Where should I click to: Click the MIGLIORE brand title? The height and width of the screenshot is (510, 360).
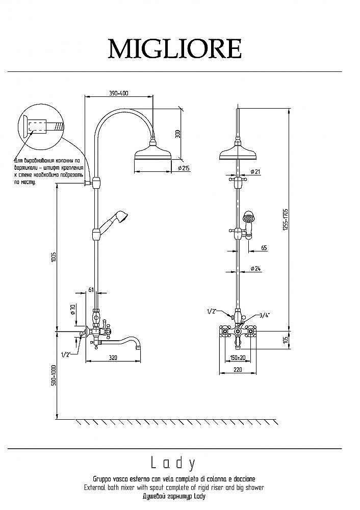174,49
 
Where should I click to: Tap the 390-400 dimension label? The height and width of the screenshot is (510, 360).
118,93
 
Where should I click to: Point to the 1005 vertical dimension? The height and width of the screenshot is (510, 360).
53,258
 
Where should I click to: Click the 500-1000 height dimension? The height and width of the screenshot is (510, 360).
53,375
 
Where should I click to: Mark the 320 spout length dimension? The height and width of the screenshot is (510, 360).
113,358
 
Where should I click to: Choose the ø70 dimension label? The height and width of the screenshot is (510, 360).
73,309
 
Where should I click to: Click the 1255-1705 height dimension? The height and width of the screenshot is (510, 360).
286,220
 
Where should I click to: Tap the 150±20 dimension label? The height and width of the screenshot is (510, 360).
237,358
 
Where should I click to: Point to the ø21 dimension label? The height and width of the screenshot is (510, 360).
255,172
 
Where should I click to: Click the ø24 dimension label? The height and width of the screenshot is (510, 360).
255,269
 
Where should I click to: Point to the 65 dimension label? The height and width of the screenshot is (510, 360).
264,248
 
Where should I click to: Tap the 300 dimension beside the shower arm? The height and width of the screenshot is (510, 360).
177,134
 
